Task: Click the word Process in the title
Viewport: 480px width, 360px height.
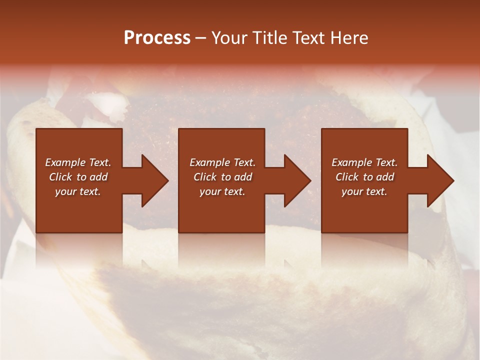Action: (157, 38)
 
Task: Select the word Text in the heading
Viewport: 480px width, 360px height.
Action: (309, 38)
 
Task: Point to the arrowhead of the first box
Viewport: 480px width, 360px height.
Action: (152, 181)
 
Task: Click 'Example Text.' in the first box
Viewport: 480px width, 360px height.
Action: (78, 162)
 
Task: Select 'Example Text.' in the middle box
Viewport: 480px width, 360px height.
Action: (222, 162)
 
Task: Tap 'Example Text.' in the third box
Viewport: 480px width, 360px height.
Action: (364, 162)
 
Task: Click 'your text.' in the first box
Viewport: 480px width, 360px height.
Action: (78, 191)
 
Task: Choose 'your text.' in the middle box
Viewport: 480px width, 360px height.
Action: (222, 191)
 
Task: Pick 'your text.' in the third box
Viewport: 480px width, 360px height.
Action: (364, 191)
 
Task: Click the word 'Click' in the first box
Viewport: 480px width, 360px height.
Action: (60, 177)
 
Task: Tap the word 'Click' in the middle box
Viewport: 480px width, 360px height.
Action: (205, 177)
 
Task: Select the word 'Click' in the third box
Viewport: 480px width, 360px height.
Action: (347, 177)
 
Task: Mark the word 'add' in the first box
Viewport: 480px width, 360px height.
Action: (98, 177)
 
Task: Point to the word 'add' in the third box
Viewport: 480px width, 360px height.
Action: (385, 177)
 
